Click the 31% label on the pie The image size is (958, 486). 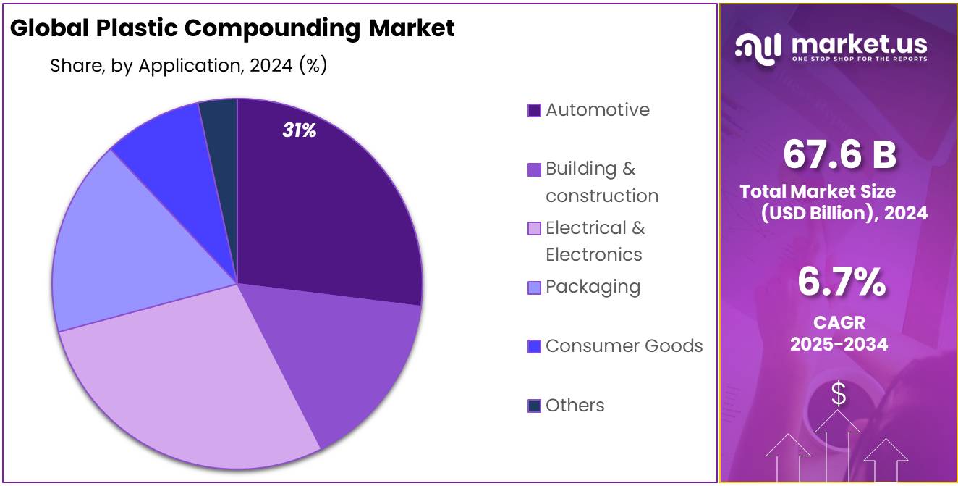tap(299, 131)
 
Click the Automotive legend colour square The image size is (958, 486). tap(534, 111)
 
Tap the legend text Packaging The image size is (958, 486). tap(593, 287)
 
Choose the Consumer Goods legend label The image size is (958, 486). tap(624, 346)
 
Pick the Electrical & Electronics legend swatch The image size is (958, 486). tap(534, 229)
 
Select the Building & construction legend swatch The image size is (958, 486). tap(534, 169)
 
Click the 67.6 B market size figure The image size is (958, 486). tap(839, 154)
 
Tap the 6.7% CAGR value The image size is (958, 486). tap(841, 282)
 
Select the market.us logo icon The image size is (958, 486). tap(758, 47)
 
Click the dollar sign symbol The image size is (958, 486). tap(838, 394)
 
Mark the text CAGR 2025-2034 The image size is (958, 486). tap(839, 333)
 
